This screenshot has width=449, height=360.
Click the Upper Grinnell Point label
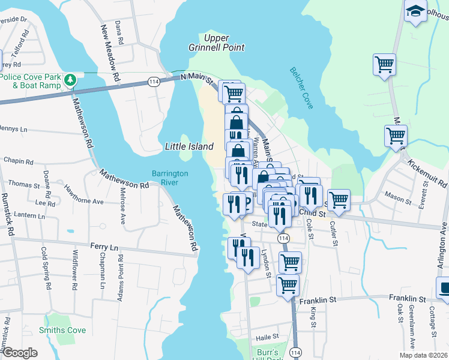click(x=225, y=43)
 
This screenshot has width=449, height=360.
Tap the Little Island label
click(x=189, y=146)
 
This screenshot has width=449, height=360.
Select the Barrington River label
click(x=170, y=178)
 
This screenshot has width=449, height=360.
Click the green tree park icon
click(x=71, y=79)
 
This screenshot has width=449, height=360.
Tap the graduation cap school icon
click(x=415, y=11)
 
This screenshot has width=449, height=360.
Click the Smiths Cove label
click(x=62, y=330)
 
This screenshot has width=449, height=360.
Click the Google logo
click(x=20, y=352)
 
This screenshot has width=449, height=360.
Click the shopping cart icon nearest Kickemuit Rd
click(x=396, y=136)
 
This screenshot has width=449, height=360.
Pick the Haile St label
click(x=268, y=337)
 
